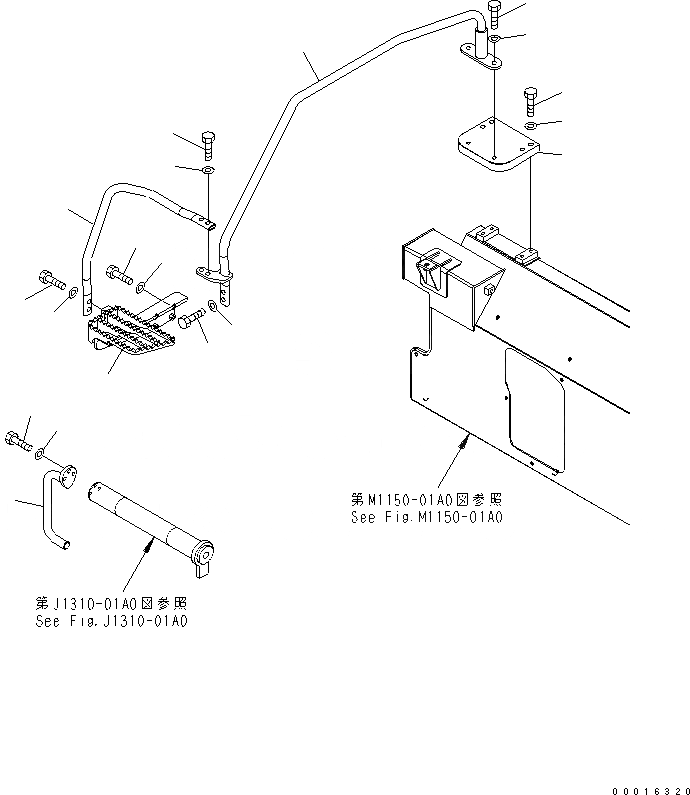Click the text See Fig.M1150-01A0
(426, 518)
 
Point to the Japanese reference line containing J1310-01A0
(110, 603)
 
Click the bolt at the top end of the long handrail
(495, 16)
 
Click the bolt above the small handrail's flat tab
(208, 145)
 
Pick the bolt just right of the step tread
(193, 318)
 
